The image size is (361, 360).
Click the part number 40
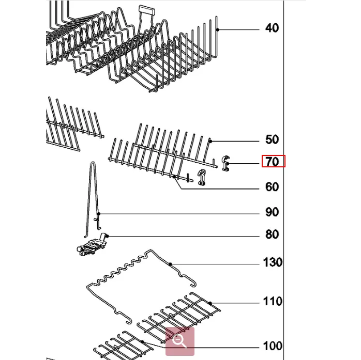pyautogui.click(x=272, y=28)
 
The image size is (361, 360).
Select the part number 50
pyautogui.click(x=272, y=139)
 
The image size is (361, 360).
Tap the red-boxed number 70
pyautogui.click(x=273, y=162)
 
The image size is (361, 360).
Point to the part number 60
pyautogui.click(x=272, y=187)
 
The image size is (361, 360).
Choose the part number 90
pyautogui.click(x=272, y=212)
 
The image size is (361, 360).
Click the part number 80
pyautogui.click(x=272, y=235)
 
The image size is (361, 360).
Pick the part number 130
pyautogui.click(x=273, y=262)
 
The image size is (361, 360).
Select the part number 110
pyautogui.click(x=272, y=301)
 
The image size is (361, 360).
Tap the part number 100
pyautogui.click(x=272, y=346)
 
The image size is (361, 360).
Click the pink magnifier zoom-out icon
pyautogui.click(x=179, y=341)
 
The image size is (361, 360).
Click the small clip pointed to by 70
pyautogui.click(x=226, y=164)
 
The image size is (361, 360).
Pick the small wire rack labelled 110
pyautogui.click(x=181, y=312)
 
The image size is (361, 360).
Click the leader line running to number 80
pyautogui.click(x=181, y=236)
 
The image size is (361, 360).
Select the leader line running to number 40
pyautogui.click(x=238, y=29)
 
